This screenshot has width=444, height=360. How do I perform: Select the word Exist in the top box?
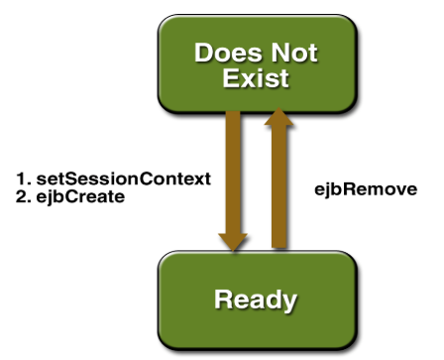click(x=256, y=78)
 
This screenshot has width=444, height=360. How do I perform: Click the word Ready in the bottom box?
click(x=256, y=300)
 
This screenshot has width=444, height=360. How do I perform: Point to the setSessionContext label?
click(x=124, y=179)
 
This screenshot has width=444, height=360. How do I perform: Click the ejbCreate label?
click(x=80, y=197)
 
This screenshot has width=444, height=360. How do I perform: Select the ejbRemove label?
click(x=366, y=189)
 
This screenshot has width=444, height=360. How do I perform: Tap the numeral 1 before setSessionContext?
click(x=22, y=179)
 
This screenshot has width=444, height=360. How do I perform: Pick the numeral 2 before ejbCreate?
click(x=22, y=197)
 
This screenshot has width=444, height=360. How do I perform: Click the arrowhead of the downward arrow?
click(x=233, y=242)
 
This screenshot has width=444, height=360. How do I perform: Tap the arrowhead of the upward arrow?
click(x=278, y=116)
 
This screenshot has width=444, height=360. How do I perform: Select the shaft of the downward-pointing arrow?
click(x=233, y=173)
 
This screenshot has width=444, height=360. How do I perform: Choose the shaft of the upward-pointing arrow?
click(x=279, y=186)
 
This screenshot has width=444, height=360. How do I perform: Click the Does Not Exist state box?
click(x=258, y=63)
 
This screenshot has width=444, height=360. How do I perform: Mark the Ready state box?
click(x=258, y=300)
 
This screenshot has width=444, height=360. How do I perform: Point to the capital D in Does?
click(x=203, y=53)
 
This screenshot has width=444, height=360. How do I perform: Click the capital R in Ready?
click(x=223, y=299)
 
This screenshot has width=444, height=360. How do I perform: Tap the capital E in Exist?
click(x=230, y=78)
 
